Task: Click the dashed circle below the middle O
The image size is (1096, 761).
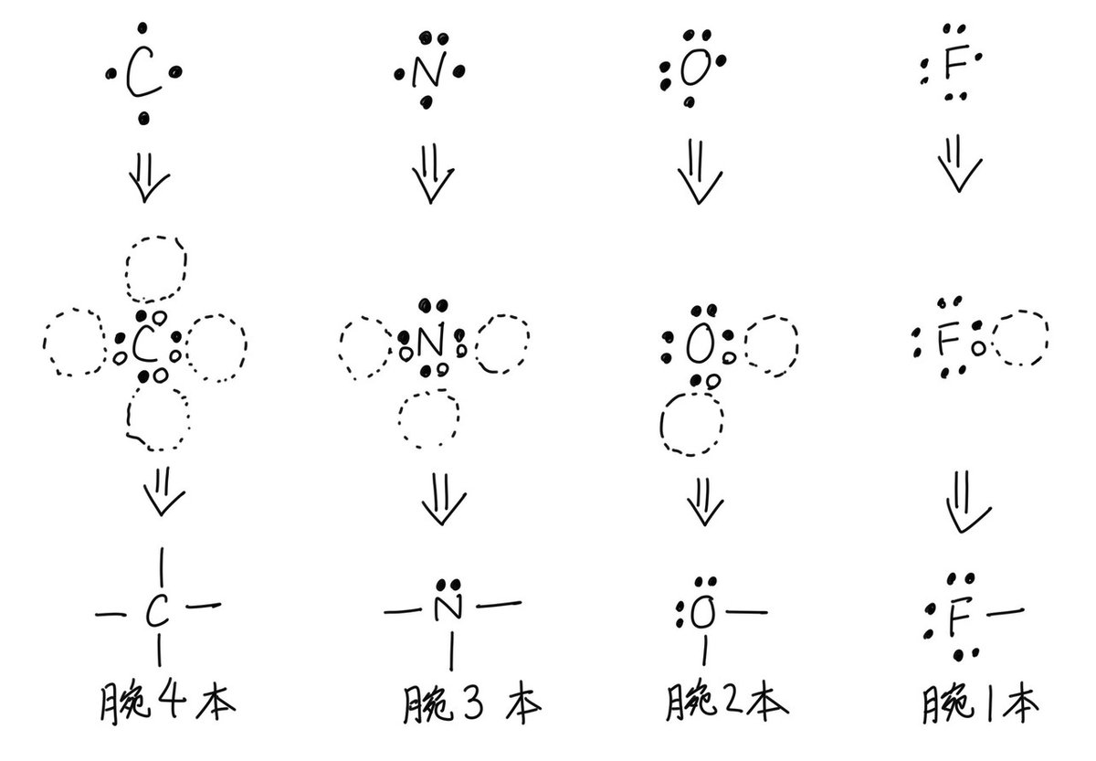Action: click(x=691, y=424)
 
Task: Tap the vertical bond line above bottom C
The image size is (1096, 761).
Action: click(x=161, y=569)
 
